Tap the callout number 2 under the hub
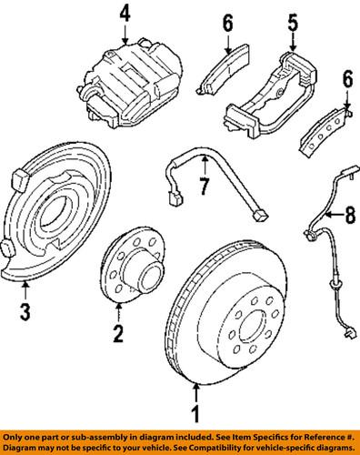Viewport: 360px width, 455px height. tap(117, 336)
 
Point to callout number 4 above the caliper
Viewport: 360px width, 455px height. tap(125, 14)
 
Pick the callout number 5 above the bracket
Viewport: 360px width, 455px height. tap(293, 20)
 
